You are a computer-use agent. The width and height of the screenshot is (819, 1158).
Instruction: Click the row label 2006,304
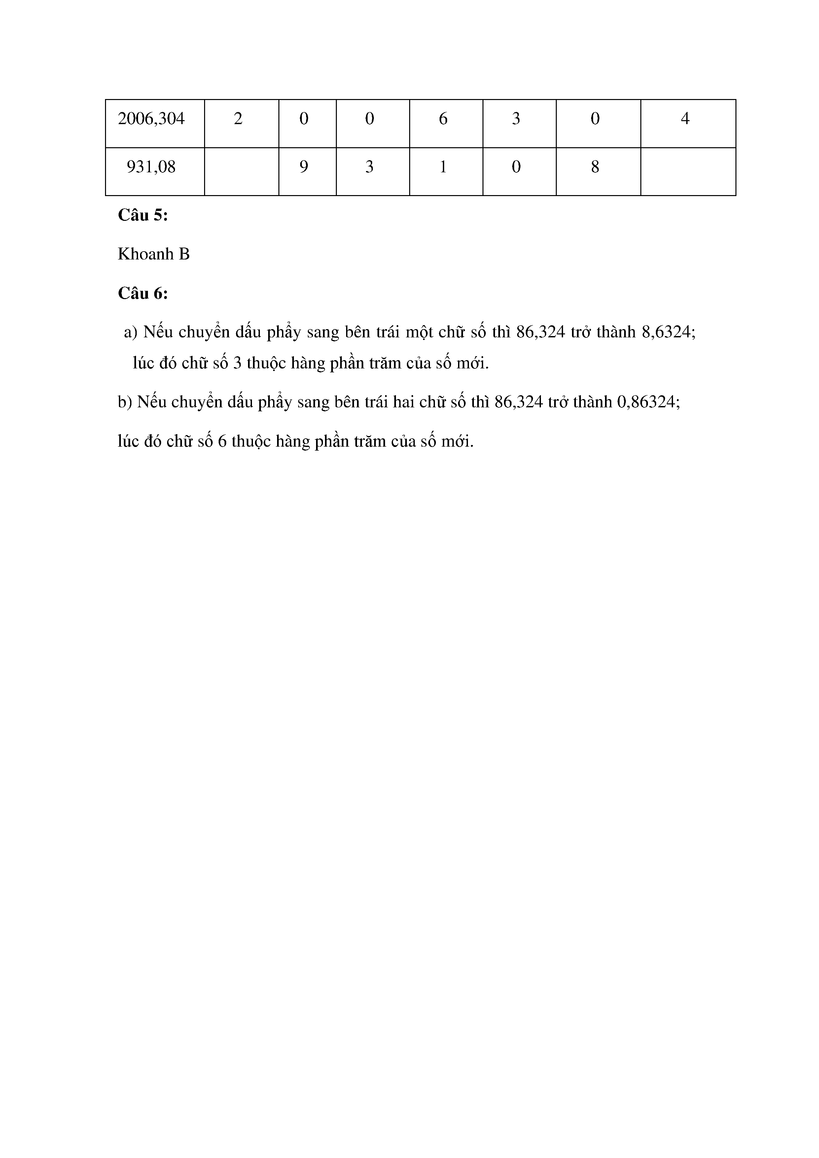point(151,119)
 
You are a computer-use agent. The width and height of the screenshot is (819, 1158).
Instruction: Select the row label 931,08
point(151,167)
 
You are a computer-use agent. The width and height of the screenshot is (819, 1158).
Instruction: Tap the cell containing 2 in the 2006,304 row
point(238,119)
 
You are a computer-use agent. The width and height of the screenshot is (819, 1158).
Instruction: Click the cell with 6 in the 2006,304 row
point(443,119)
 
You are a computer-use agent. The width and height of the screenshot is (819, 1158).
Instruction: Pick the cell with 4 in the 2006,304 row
point(685,119)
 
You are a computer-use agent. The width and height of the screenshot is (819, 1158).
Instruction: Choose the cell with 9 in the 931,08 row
point(304,167)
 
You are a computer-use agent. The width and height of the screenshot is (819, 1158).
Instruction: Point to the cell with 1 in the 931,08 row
point(443,167)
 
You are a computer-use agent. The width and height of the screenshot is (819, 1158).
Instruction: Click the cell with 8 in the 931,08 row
point(595,167)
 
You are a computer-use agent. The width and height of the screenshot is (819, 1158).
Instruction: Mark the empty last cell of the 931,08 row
point(688,171)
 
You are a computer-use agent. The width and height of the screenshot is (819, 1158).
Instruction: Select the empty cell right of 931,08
point(241,171)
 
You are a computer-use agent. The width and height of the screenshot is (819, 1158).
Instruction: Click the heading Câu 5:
point(143,215)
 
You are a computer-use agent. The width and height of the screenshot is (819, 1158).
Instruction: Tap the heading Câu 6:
point(143,293)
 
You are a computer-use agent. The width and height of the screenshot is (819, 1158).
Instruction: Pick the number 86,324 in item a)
point(541,333)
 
